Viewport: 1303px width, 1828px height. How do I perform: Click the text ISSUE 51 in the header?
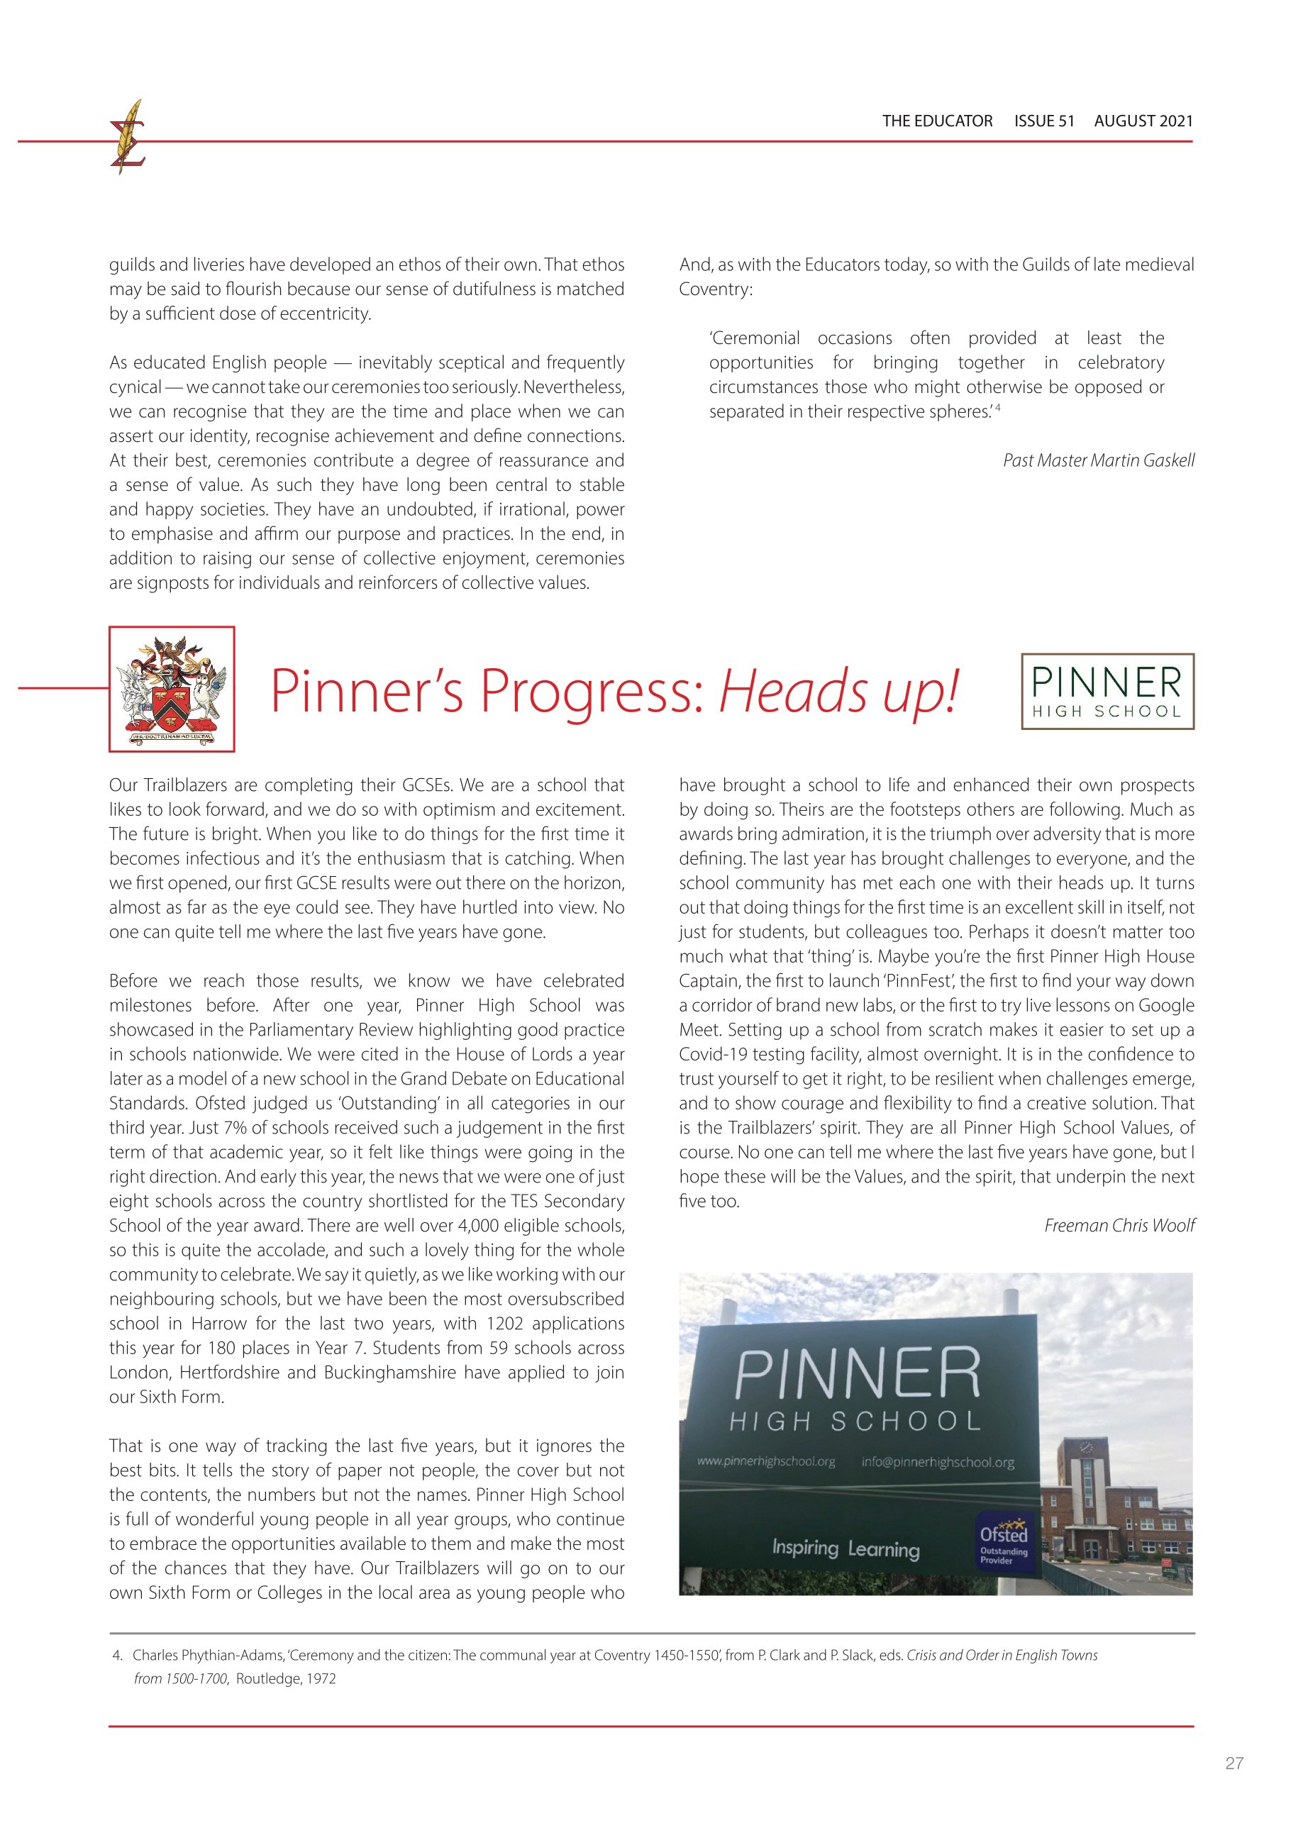point(1044,121)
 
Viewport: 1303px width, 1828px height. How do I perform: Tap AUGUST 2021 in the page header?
point(1143,121)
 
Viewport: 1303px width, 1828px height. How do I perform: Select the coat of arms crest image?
point(172,689)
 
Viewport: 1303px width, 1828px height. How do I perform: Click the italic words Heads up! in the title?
point(838,691)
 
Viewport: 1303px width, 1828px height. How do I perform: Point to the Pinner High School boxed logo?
point(1107,692)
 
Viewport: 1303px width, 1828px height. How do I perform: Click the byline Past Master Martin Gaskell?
point(1099,460)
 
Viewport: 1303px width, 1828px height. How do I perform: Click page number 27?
point(1234,1763)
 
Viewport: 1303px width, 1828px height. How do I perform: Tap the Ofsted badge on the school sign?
point(1003,1539)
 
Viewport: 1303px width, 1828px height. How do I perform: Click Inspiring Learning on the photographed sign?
point(845,1548)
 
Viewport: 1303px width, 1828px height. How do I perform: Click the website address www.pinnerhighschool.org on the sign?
point(765,1461)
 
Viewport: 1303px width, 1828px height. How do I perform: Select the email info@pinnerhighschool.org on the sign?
point(938,1462)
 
